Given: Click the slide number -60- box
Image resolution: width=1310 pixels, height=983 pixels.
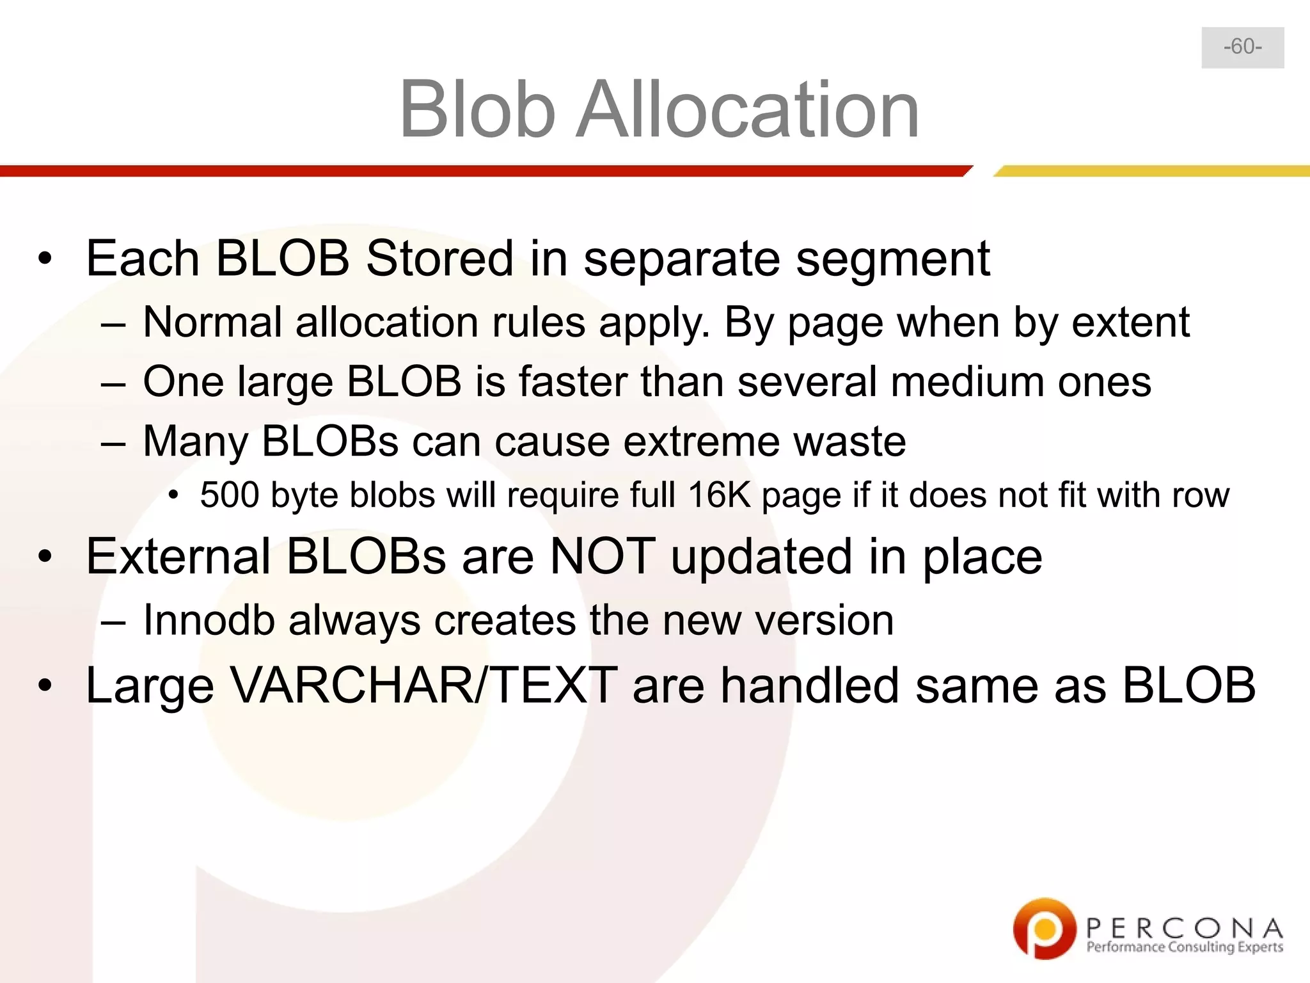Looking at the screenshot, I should tap(1242, 47).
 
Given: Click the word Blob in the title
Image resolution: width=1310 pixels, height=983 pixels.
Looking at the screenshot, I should tap(477, 109).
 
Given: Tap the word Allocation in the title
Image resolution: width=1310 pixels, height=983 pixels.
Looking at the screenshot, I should tap(747, 109).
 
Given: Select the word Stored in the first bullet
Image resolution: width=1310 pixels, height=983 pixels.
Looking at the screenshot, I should tap(439, 259).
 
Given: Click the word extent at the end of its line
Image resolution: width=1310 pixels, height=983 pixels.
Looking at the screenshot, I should tap(1130, 322).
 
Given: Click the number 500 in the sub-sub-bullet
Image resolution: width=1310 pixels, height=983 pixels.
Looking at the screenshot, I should tap(228, 495).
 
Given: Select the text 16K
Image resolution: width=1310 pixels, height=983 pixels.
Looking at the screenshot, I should tap(719, 495).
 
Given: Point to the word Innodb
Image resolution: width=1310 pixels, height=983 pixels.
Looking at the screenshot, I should tap(209, 620).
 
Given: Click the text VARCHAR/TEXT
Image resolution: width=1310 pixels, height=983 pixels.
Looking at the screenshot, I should tap(423, 685).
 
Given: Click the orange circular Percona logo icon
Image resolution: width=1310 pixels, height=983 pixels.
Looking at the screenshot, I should tap(1044, 928).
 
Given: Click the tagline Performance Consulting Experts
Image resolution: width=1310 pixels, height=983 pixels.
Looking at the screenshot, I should tap(1185, 947).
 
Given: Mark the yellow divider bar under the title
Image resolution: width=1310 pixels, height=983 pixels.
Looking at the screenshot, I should tap(1151, 171).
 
